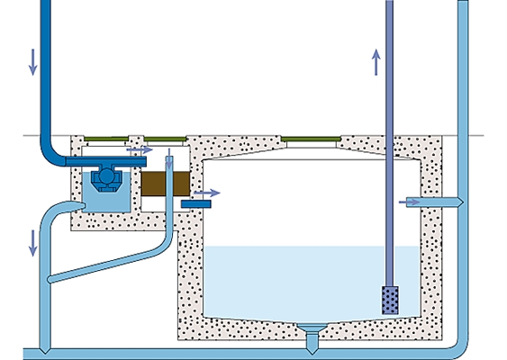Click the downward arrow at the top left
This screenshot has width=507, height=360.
point(33,60)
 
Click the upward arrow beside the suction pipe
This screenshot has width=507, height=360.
point(376,63)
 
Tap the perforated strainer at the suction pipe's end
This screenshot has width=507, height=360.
point(390,300)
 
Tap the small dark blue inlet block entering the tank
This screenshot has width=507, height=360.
point(194,204)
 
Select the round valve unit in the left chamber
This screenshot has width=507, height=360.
point(107,177)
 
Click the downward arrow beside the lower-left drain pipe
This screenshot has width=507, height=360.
point(33,241)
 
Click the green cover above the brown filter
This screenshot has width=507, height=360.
point(166,139)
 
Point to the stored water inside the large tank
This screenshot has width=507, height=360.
point(297,279)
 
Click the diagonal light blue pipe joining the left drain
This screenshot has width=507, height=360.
point(104,268)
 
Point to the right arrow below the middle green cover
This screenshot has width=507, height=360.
point(140,148)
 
